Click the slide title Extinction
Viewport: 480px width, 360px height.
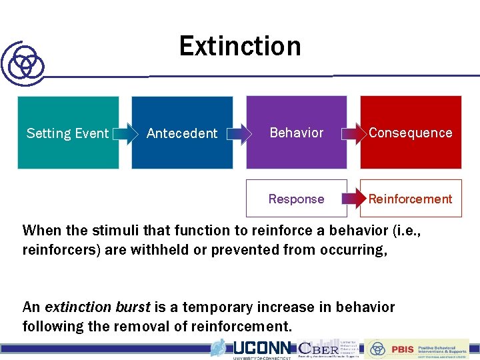pyautogui.click(x=240, y=47)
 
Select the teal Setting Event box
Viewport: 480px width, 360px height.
pyautogui.click(x=67, y=133)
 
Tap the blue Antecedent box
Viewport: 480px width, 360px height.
pyautogui.click(x=182, y=133)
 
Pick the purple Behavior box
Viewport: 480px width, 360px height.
pyautogui.click(x=297, y=133)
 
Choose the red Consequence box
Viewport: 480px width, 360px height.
pyautogui.click(x=410, y=133)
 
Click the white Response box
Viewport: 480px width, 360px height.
pyautogui.click(x=297, y=199)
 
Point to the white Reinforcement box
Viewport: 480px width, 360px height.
pyautogui.click(x=410, y=199)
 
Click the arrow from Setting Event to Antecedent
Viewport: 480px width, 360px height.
pyautogui.click(x=124, y=133)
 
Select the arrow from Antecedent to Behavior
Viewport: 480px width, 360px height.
pyautogui.click(x=238, y=133)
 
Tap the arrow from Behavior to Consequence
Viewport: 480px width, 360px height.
pyautogui.click(x=353, y=133)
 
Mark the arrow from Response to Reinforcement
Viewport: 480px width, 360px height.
pyautogui.click(x=353, y=199)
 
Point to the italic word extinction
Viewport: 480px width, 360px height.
pyautogui.click(x=76, y=307)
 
